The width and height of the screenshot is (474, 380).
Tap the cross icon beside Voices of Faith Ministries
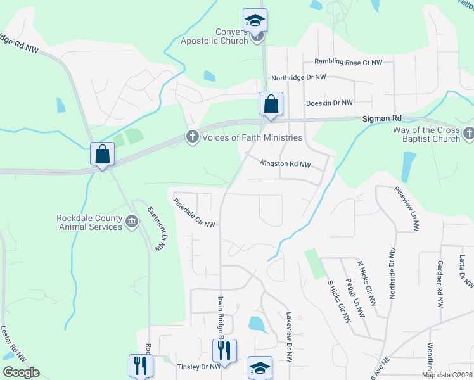click(x=192, y=137)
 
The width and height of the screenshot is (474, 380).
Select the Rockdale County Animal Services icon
click(x=131, y=220)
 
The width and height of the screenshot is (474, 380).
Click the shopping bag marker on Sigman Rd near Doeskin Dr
click(x=271, y=104)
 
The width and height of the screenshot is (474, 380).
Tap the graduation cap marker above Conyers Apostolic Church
click(x=255, y=20)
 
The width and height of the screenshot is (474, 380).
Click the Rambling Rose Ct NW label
click(x=349, y=63)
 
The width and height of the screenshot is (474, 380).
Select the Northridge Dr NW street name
click(x=298, y=77)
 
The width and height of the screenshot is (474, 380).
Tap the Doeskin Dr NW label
click(x=329, y=103)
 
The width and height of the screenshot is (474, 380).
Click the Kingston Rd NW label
click(x=285, y=164)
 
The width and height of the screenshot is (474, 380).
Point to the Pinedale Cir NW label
click(x=195, y=213)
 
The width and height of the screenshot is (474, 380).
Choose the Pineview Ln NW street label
click(x=407, y=203)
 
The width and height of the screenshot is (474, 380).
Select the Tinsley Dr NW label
click(x=198, y=367)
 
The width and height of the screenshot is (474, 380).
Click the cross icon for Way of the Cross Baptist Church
click(x=468, y=133)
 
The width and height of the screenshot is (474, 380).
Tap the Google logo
click(x=21, y=372)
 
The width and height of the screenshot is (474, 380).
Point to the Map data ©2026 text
click(x=447, y=375)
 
